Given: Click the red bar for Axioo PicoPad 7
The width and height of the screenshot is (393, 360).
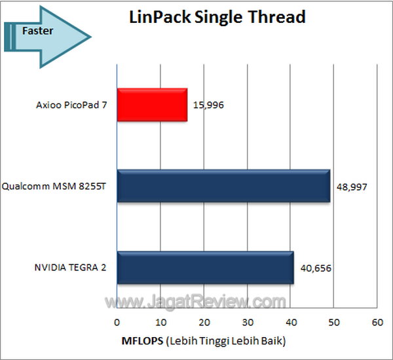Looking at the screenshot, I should (152, 105).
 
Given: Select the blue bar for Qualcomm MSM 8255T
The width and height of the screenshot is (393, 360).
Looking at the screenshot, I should (223, 187).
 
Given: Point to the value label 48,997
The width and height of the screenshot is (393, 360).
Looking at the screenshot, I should (352, 187).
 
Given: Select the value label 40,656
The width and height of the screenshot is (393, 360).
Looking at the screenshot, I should (316, 268).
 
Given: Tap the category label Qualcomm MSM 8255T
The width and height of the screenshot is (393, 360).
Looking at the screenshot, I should (58, 187).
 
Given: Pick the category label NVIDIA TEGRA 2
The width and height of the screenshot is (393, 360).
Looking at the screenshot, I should (71, 268).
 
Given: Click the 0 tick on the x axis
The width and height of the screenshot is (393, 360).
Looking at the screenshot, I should (117, 323).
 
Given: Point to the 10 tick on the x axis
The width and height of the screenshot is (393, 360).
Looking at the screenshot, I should (160, 323).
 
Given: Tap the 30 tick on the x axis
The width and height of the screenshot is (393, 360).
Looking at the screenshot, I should (247, 323).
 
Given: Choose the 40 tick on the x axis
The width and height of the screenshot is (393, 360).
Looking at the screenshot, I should (290, 323).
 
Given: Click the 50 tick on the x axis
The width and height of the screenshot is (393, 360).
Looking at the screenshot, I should (333, 323).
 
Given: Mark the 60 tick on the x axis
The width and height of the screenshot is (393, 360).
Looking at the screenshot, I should (377, 323).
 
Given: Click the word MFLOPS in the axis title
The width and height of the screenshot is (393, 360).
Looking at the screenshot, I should (141, 341).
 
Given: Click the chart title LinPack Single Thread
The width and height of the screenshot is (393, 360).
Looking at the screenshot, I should (217, 17).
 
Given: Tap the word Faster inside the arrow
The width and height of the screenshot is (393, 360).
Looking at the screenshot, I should (37, 30).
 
